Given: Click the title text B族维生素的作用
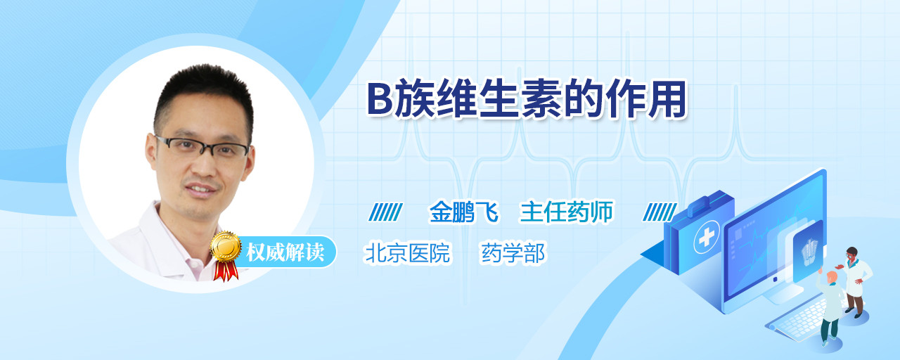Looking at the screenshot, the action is coord(527,99).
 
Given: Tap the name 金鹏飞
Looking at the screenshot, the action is coord(463,212).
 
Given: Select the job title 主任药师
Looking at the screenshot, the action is coord(567,212).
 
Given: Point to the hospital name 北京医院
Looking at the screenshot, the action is coord(407,253).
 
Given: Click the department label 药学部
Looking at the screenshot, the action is coord(513,253).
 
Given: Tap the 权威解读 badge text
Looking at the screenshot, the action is coord(285,252).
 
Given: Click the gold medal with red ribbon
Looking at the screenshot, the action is coord(226,255).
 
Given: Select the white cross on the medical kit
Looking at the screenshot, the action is coord(706,237).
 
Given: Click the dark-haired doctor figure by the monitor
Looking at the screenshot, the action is coord(854,281).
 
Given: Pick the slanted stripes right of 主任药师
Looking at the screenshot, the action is coord(660,212).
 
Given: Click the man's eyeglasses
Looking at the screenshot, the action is coord(202,146).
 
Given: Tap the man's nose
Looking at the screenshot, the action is coord(204,164).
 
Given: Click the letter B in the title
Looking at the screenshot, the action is coord(380,100).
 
